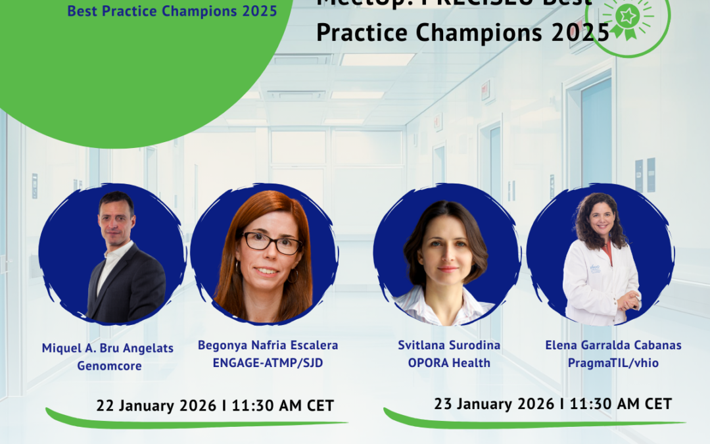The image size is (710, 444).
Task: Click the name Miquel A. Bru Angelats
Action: (x=108, y=348)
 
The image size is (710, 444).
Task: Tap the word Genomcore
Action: (x=109, y=366)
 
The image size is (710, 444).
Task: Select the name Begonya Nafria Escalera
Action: (x=268, y=345)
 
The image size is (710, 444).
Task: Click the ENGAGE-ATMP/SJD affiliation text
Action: (x=268, y=362)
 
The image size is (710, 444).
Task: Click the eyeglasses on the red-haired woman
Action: (x=272, y=242)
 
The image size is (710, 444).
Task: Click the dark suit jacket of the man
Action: (x=131, y=289)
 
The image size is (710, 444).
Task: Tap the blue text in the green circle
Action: (x=172, y=12)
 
